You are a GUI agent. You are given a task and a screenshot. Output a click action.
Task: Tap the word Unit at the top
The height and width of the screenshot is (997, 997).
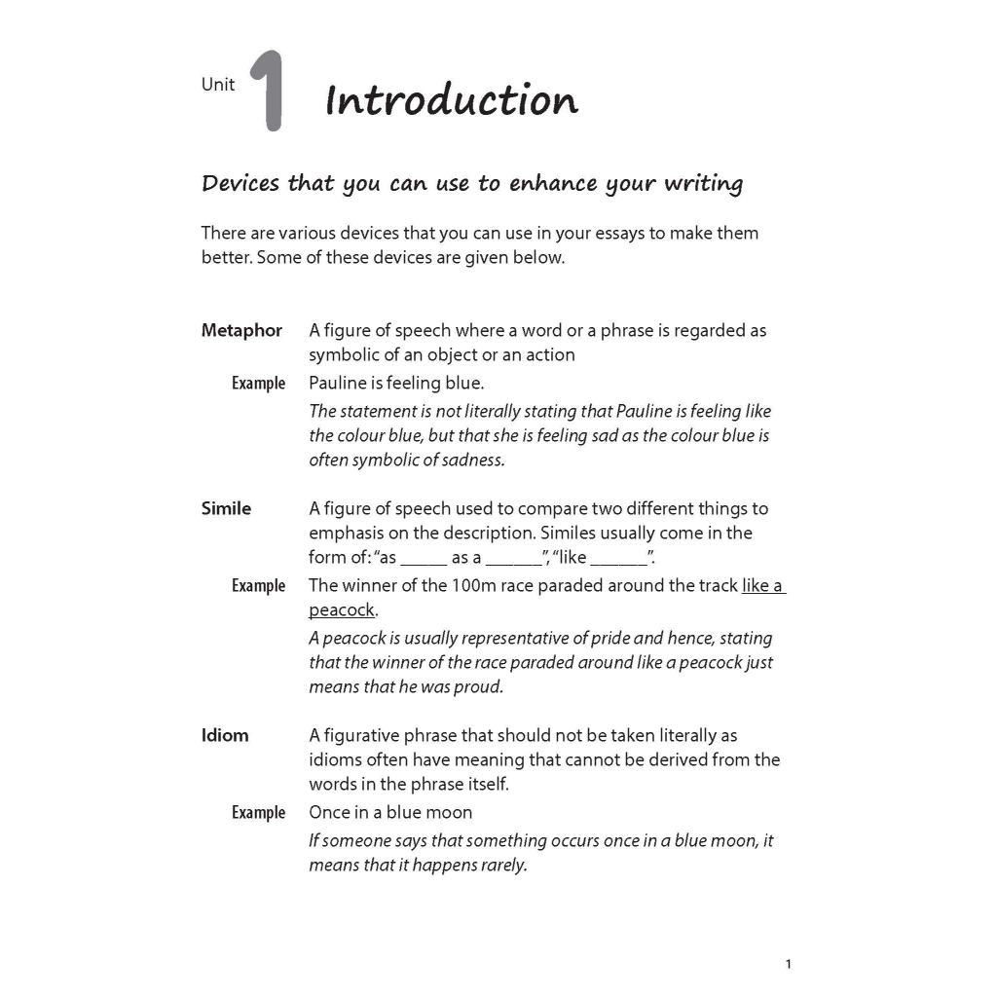pos(218,85)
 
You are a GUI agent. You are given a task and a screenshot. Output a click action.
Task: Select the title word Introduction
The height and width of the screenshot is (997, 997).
pos(452,100)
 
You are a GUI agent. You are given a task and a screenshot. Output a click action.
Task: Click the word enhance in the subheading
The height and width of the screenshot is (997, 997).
pos(556,183)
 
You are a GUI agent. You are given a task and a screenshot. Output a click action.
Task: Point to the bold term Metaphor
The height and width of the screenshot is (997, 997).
pos(241,330)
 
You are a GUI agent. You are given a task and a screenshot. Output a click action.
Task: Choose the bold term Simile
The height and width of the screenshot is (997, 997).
pos(226,508)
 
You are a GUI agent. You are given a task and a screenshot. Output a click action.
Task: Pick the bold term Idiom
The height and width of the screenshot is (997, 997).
pos(225,735)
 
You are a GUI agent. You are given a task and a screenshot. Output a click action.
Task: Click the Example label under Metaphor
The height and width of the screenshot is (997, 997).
pos(258,384)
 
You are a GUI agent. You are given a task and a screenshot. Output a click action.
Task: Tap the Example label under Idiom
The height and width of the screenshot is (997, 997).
pos(258,813)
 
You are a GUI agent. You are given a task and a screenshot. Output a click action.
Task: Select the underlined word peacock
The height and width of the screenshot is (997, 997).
pos(342,610)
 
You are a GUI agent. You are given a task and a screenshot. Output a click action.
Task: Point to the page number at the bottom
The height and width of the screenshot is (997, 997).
pos(788,964)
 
